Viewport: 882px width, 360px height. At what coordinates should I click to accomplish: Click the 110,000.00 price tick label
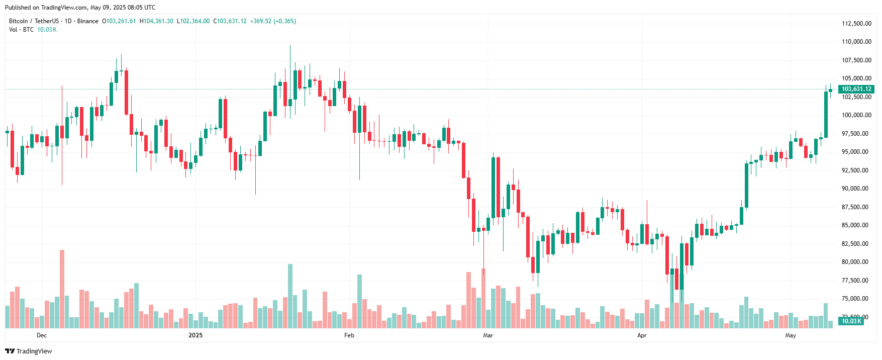click(856, 42)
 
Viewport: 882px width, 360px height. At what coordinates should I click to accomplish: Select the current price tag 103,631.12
click(856, 89)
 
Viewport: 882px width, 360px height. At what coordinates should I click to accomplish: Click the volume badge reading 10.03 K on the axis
click(851, 321)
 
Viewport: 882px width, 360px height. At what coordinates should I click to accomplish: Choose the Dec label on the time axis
click(42, 335)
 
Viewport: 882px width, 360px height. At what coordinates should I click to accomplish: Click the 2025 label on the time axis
click(195, 335)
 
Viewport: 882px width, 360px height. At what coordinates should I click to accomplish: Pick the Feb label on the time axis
click(349, 335)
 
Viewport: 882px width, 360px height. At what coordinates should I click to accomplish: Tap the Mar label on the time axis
click(488, 335)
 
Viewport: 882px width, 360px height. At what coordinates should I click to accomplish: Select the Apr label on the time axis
click(642, 335)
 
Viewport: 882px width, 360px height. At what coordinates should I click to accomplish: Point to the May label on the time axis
click(791, 335)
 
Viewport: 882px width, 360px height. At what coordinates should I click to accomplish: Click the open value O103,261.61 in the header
click(119, 21)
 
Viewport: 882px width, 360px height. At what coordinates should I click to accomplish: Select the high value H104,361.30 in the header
click(156, 21)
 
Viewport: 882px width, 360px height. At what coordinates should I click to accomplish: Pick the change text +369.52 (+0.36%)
click(273, 21)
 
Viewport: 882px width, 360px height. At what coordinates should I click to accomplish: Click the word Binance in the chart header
click(88, 21)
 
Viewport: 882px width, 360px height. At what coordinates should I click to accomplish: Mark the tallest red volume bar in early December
click(62, 289)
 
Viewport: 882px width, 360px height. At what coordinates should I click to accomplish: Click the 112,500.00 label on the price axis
click(856, 24)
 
